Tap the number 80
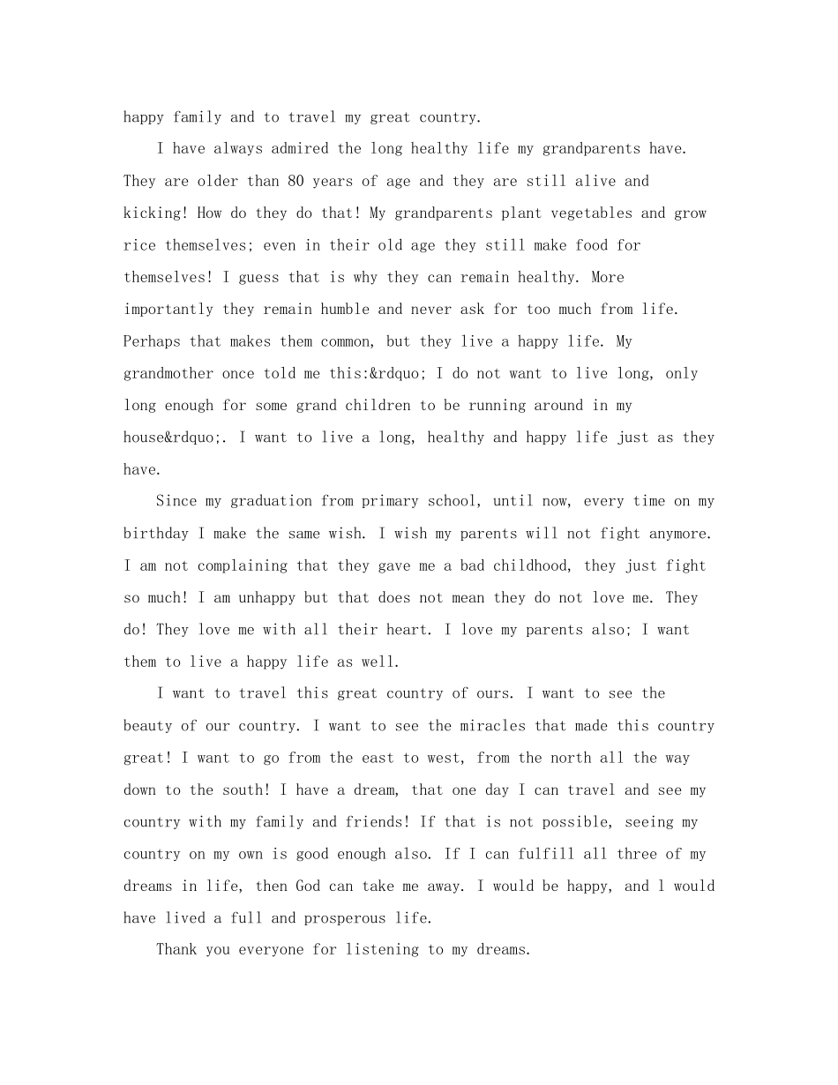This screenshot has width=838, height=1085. point(296,181)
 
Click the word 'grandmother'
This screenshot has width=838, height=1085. point(168,373)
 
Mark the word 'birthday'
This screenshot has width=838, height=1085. point(156,534)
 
